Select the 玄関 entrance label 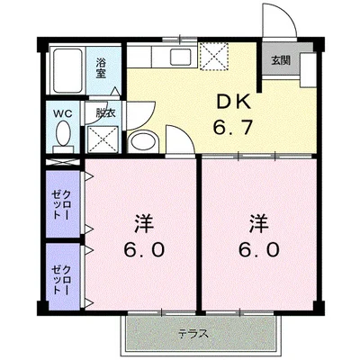pyautogui.click(x=280, y=60)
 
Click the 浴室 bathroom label pyautogui.click(x=104, y=66)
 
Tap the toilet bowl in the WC pyautogui.click(x=62, y=137)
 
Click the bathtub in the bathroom pyautogui.click(x=67, y=67)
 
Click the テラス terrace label pyautogui.click(x=193, y=333)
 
